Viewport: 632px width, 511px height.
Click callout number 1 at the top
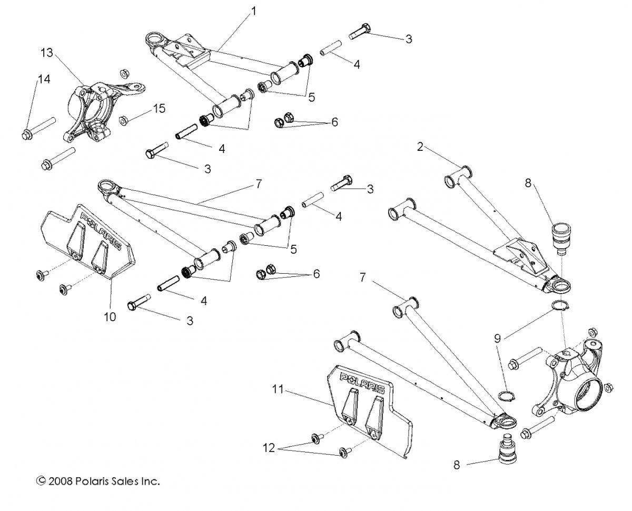(254, 11)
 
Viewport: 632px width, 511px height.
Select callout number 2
(420, 147)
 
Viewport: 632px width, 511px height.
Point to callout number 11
(278, 390)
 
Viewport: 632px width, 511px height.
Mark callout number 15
(159, 109)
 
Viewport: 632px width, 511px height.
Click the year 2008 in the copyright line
(60, 481)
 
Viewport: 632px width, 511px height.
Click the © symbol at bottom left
(41, 481)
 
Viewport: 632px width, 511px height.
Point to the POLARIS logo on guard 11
(362, 383)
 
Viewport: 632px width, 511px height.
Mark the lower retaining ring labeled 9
(506, 396)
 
